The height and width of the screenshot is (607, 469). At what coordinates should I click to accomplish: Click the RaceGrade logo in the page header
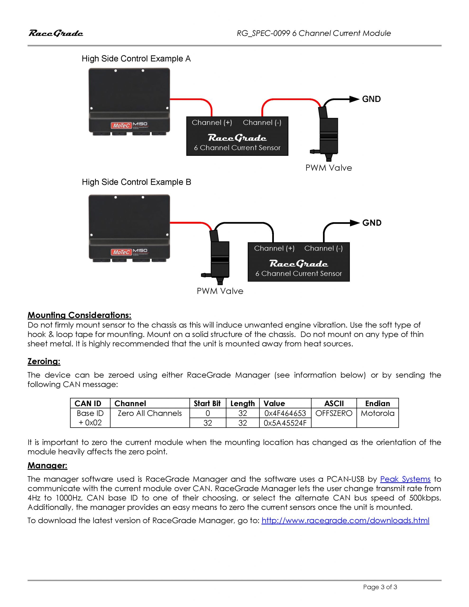coord(55,33)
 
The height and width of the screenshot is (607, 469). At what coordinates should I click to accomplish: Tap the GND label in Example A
coord(371,99)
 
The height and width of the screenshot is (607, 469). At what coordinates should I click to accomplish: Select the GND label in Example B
coord(372,223)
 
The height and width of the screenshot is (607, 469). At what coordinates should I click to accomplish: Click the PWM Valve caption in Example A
coord(328,168)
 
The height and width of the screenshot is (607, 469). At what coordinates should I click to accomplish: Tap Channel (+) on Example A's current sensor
coord(212,123)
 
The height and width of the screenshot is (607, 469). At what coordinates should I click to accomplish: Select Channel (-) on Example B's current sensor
coord(323,248)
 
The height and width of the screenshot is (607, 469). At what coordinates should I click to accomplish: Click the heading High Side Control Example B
coord(136,182)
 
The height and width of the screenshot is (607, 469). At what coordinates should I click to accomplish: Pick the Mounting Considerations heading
coord(79,315)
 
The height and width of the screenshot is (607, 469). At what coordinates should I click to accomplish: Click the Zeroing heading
coord(44,361)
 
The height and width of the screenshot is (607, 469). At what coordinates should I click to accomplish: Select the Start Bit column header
coord(207,404)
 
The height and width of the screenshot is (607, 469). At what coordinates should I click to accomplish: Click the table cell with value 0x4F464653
coord(285,413)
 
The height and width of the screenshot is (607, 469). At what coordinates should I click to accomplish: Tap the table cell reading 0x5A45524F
coord(285,423)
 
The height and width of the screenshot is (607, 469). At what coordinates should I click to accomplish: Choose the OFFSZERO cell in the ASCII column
coord(334,413)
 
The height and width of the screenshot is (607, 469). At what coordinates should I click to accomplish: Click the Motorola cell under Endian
coord(377,413)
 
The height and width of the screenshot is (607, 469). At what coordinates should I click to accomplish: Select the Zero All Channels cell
coord(150,413)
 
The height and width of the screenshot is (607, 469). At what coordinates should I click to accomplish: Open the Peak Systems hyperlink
coord(405,479)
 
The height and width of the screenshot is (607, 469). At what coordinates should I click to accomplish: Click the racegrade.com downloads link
coord(345,520)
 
